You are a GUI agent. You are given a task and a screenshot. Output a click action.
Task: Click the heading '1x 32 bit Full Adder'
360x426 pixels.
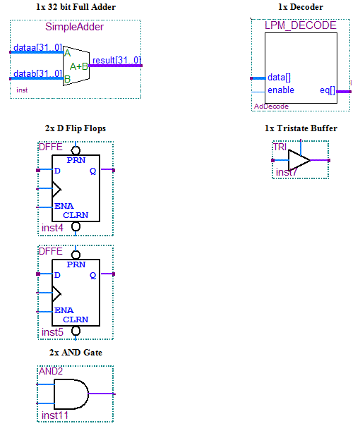(76, 7)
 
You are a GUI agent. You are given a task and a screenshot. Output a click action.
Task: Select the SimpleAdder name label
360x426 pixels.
(74, 28)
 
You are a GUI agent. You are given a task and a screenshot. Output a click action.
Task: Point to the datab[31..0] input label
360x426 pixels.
(37, 74)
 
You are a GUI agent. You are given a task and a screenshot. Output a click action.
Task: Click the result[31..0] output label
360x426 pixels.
(116, 61)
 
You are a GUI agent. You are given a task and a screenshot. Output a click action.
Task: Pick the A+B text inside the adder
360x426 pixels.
(79, 66)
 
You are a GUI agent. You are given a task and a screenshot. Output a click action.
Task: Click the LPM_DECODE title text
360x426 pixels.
(300, 25)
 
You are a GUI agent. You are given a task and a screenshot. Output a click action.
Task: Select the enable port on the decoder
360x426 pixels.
(281, 90)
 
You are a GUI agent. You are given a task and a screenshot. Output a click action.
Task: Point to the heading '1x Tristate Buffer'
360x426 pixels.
(301, 128)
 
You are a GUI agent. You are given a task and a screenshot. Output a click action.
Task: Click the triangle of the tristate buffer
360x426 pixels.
(298, 160)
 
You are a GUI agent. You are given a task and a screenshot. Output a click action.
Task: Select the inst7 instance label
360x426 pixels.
(287, 172)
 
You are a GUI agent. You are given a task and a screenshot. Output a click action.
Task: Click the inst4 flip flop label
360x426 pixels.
(52, 228)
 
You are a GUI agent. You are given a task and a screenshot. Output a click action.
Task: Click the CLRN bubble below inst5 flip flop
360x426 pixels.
(76, 330)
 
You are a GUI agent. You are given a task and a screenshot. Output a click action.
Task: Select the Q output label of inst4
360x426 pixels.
(92, 170)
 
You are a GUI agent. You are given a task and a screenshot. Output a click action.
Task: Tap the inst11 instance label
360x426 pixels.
(55, 415)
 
